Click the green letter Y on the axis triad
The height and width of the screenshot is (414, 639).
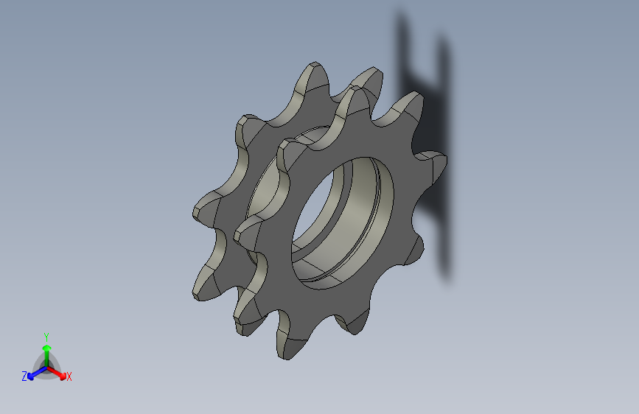[x=46, y=335]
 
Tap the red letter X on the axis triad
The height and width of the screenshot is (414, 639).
[x=69, y=376]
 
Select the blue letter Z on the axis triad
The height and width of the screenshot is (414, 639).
[x=24, y=376]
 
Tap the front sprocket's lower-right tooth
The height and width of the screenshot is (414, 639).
[x=411, y=250]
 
